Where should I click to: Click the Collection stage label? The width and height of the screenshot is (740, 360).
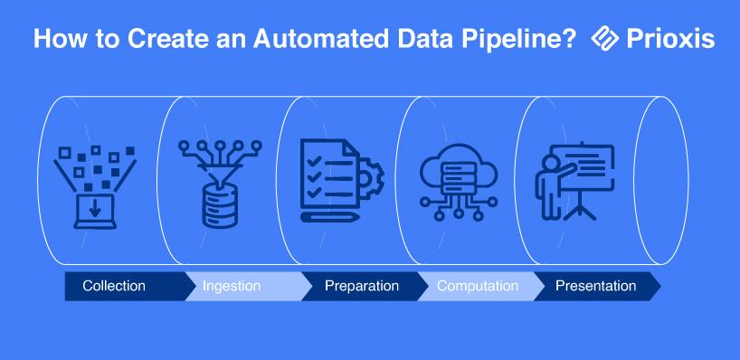[x=114, y=286]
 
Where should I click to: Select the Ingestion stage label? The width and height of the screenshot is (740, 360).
[x=232, y=286]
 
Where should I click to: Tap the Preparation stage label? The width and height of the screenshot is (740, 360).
[x=362, y=286]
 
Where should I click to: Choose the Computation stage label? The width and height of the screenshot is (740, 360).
[x=478, y=286]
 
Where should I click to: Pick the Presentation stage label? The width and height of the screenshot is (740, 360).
[x=595, y=286]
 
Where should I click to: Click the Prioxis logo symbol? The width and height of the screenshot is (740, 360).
[x=604, y=38]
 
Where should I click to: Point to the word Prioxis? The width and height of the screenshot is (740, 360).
[x=670, y=39]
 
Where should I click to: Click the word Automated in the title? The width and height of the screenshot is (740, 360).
[x=320, y=39]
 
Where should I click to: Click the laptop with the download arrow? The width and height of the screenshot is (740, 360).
[x=95, y=212]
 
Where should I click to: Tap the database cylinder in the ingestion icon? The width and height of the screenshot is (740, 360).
[x=220, y=206]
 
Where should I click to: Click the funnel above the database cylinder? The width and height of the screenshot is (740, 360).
[x=220, y=173]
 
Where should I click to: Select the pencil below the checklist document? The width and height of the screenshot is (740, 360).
[x=330, y=217]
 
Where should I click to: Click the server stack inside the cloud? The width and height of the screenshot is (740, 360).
[x=459, y=177]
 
